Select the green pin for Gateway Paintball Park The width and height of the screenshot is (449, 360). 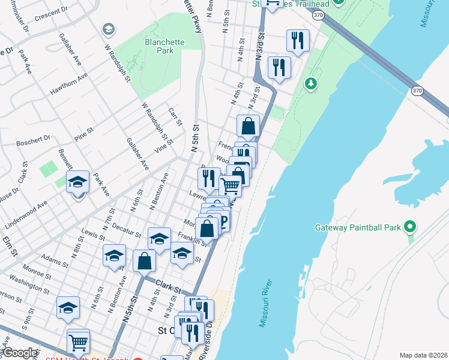[x=410, y=227]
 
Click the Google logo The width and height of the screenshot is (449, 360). [x=20, y=353]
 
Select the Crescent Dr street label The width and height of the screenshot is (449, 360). [x=51, y=12]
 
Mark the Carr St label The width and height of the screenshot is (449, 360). [x=175, y=118]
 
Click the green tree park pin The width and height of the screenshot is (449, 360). [x=310, y=83]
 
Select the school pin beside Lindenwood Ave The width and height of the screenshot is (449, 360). [x=77, y=182]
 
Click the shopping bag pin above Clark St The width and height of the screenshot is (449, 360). [x=144, y=261]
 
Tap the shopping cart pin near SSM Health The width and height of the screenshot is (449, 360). [x=78, y=343]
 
